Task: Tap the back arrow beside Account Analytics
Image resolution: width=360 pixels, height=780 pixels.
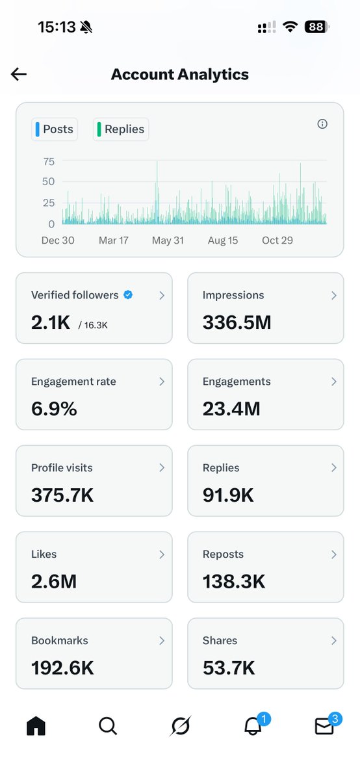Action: coord(19,74)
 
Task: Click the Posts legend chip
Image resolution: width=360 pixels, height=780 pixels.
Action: coord(55,129)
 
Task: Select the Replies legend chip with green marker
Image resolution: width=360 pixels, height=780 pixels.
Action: coord(121,129)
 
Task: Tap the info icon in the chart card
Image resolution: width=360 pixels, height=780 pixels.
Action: coord(322,123)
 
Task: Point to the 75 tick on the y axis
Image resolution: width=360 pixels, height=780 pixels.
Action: coord(49,162)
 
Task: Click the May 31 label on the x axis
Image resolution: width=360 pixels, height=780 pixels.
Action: coord(168,240)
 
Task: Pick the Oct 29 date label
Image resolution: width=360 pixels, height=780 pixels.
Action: coord(277,240)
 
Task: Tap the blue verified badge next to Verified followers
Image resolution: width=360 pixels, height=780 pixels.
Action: coord(128,295)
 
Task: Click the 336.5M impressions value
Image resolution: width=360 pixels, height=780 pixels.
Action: coord(237,322)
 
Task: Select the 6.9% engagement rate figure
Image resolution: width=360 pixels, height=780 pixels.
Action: coord(54,408)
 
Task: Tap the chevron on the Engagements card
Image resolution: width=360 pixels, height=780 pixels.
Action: coord(333,382)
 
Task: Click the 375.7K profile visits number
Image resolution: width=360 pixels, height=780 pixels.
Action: coord(62,495)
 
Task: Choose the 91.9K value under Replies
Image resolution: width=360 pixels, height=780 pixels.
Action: coord(228,495)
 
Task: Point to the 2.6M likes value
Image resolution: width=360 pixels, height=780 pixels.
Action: coord(54,581)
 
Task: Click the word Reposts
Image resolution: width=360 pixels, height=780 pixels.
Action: coord(223,554)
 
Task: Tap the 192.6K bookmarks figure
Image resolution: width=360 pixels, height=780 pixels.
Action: coord(62,668)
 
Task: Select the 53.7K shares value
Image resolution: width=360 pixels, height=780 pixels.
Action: coord(229,668)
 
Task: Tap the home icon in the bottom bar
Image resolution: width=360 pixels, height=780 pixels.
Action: coord(36,726)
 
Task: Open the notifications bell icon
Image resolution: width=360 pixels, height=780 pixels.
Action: coord(253,726)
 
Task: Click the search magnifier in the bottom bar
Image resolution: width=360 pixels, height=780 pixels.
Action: coord(108,726)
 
